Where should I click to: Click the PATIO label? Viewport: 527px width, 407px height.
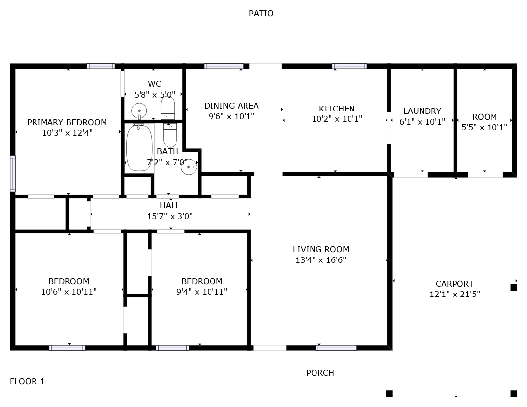click(261, 13)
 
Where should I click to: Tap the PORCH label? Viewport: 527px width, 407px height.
click(320, 373)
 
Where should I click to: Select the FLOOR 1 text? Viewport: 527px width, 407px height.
click(27, 381)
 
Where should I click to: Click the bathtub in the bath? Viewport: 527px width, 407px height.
click(139, 148)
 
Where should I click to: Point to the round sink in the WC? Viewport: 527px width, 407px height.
click(139, 110)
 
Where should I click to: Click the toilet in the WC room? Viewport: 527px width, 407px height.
click(168, 108)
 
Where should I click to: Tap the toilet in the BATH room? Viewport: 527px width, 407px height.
click(170, 135)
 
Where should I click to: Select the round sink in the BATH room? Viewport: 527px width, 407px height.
click(189, 167)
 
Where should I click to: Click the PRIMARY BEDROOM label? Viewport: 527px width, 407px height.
click(67, 122)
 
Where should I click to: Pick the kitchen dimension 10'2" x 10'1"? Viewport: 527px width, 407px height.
click(337, 119)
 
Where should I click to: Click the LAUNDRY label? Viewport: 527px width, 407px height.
click(422, 111)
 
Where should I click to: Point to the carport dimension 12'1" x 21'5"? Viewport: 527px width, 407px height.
click(455, 294)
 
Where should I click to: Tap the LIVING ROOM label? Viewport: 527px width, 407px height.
click(320, 249)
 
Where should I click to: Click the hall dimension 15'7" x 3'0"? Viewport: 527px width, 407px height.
click(170, 216)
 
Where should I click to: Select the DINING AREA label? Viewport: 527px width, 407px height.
click(231, 106)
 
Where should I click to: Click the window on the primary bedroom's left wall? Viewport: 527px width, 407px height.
click(13, 174)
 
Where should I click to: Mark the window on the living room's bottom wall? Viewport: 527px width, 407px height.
click(336, 348)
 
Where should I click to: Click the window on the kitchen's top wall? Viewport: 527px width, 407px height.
click(349, 66)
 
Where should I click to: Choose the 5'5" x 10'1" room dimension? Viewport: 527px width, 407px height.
click(484, 127)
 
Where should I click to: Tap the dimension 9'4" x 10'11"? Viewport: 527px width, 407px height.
click(202, 291)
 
